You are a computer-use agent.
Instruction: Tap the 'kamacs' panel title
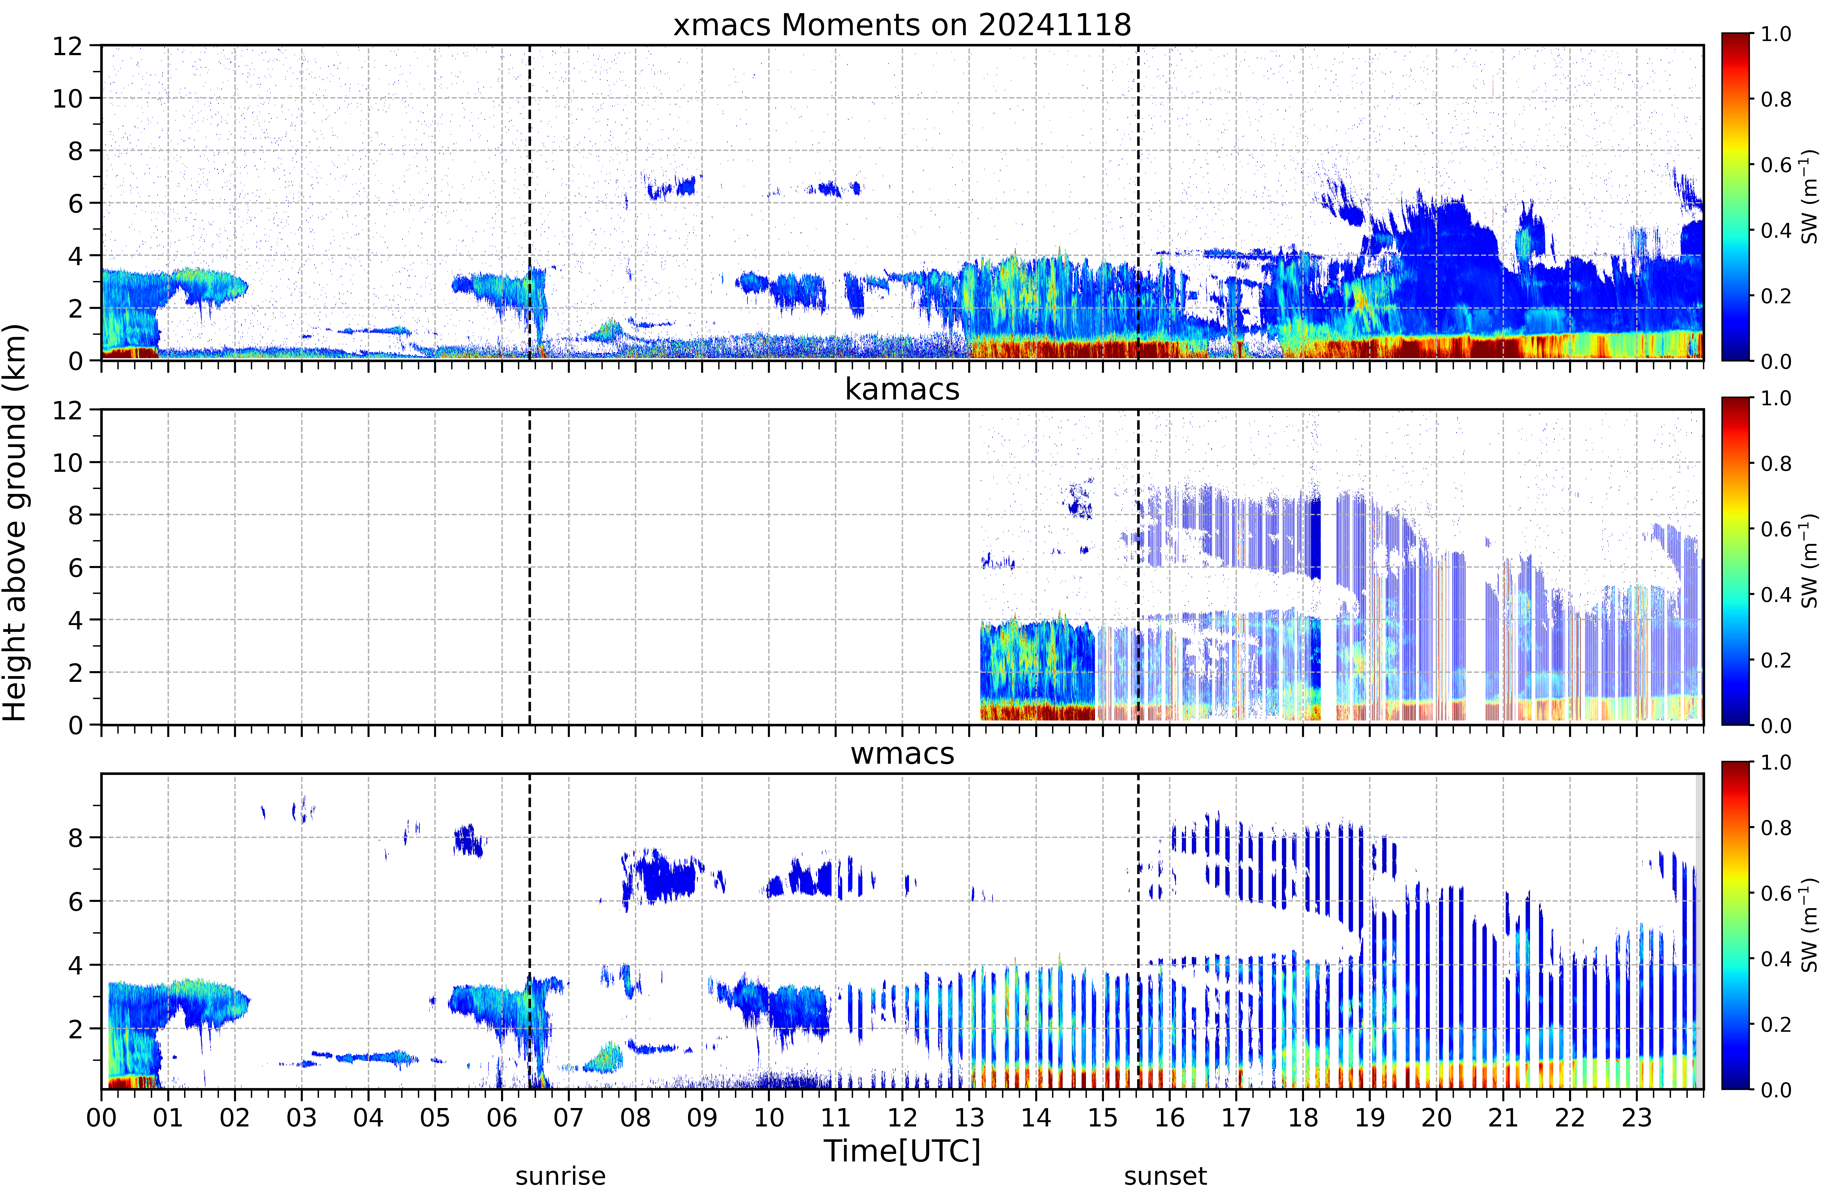[x=902, y=389]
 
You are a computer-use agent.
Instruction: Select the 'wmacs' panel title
[x=902, y=753]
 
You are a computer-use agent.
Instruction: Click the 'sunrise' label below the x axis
[x=561, y=1177]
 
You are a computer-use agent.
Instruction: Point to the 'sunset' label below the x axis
[x=1165, y=1177]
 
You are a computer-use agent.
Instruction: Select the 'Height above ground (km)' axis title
[x=15, y=522]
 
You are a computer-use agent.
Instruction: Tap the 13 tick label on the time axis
[x=969, y=1117]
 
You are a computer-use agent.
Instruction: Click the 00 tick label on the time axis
[x=101, y=1117]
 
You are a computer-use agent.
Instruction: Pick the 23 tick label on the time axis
[x=1637, y=1117]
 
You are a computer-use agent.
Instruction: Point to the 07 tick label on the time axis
[x=568, y=1117]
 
